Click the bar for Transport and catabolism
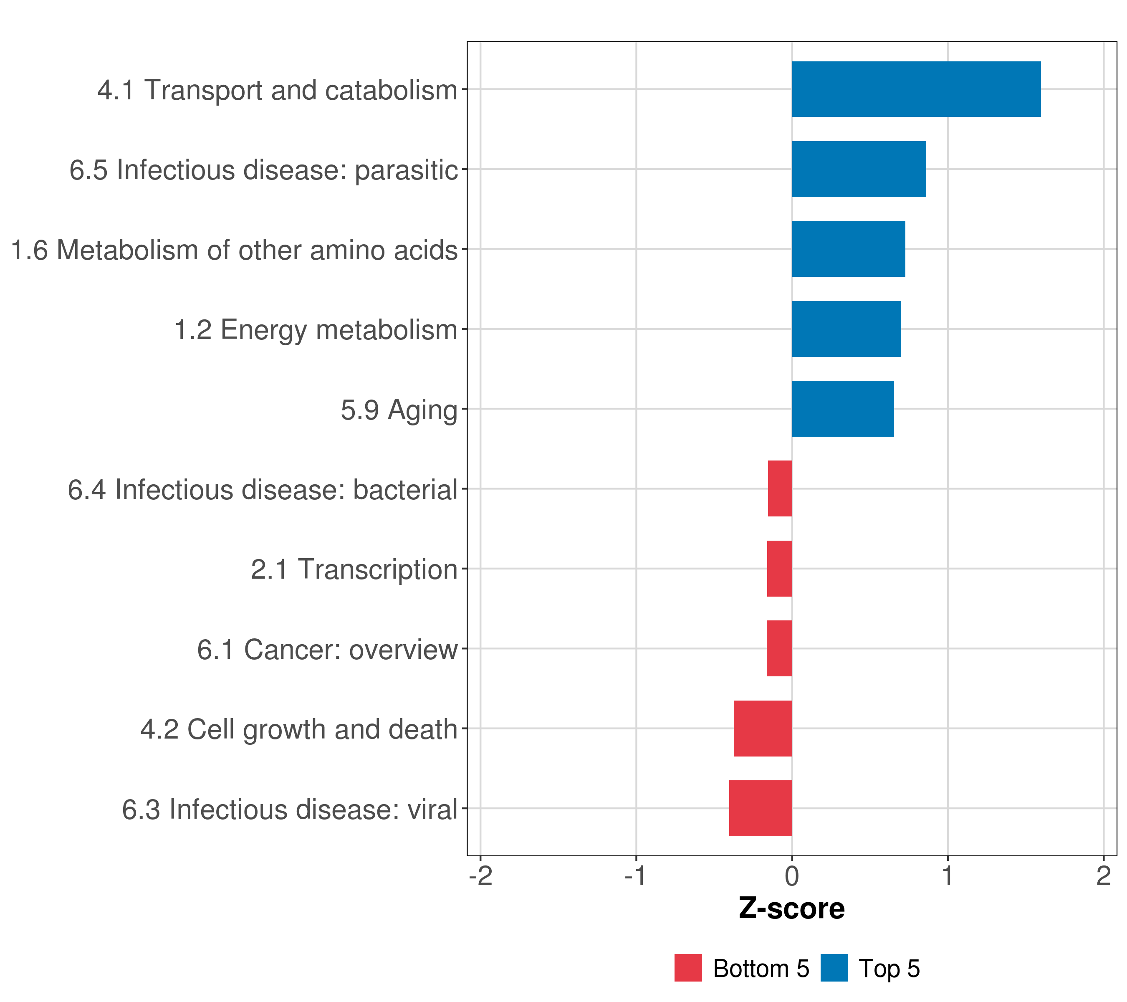coord(916,89)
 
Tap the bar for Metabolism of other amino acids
coord(848,249)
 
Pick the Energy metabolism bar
coord(846,329)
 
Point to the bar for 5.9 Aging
coord(842,409)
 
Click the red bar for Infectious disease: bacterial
coord(780,488)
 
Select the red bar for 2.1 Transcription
coord(779,569)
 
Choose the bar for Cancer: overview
coord(779,648)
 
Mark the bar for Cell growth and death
coord(763,729)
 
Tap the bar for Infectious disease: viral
coord(761,808)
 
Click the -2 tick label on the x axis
coord(480,876)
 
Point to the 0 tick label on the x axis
coord(792,876)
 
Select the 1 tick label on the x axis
coord(947,876)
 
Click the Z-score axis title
coord(791,909)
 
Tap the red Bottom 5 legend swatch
coord(688,968)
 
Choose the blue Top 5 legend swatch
coord(834,968)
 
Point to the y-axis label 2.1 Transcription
coord(354,569)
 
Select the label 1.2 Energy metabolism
coord(316,330)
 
